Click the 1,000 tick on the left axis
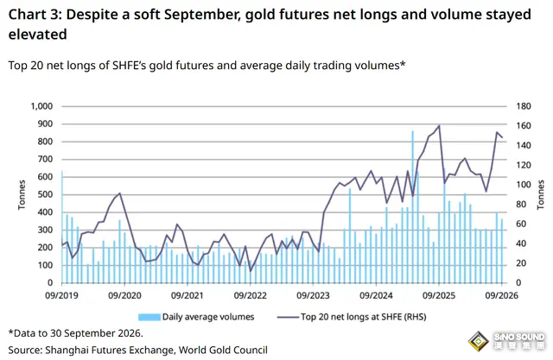point(41,106)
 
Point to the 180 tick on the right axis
point(524,106)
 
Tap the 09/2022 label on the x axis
point(250,295)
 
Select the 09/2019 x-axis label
point(61,295)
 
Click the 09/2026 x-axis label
point(501,295)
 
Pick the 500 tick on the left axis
point(45,194)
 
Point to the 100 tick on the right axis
point(524,185)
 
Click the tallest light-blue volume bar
point(412,207)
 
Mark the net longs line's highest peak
point(439,125)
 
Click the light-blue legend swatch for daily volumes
point(149,317)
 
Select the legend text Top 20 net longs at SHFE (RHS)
point(363,317)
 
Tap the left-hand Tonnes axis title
point(22,194)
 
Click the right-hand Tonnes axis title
point(540,194)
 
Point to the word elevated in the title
point(37,35)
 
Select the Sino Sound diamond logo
point(478,341)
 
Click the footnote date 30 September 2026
point(96,333)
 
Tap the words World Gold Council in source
point(223,351)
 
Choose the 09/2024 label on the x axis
point(376,295)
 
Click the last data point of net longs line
point(502,137)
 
